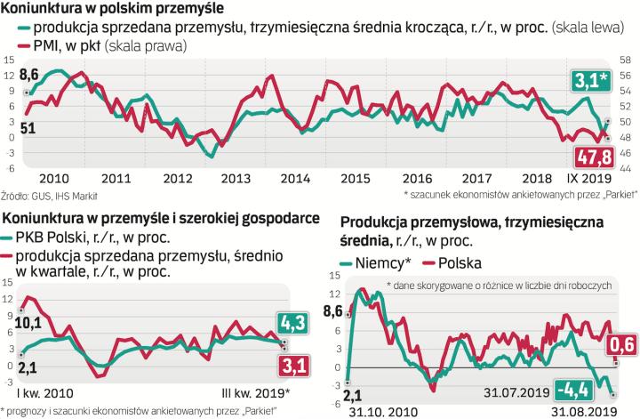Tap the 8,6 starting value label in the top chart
28,74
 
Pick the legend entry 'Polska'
452,263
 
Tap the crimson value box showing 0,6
620,344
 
